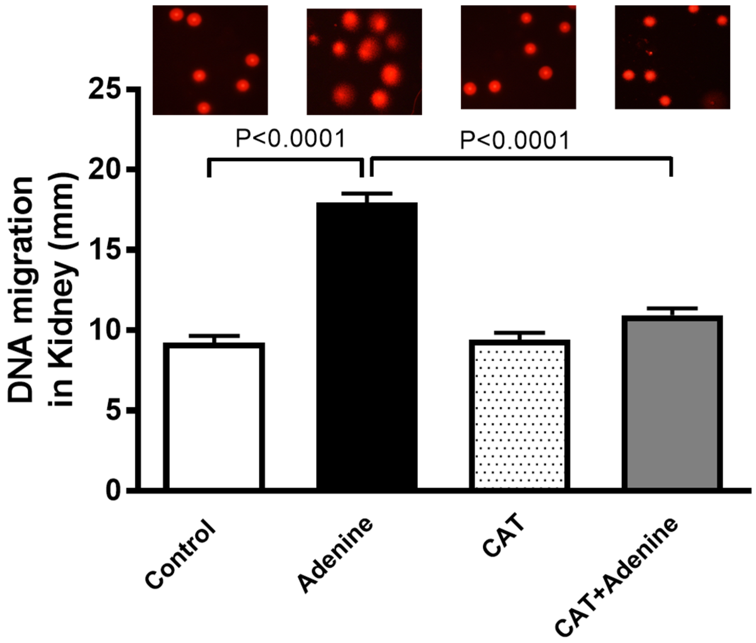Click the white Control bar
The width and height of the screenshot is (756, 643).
coord(214,416)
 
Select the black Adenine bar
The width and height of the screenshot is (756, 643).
coord(367,346)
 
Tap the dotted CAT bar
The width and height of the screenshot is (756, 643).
coord(519,416)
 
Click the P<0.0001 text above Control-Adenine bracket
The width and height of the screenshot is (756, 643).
coord(290,139)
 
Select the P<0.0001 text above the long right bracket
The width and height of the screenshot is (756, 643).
coord(514,141)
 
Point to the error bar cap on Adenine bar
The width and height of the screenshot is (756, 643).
coord(367,193)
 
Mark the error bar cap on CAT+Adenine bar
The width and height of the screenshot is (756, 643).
coord(672,308)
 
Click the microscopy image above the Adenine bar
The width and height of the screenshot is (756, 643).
coord(364,61)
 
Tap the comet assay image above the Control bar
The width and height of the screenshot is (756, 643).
coord(210,60)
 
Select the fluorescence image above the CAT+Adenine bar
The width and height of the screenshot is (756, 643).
coord(672,57)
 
